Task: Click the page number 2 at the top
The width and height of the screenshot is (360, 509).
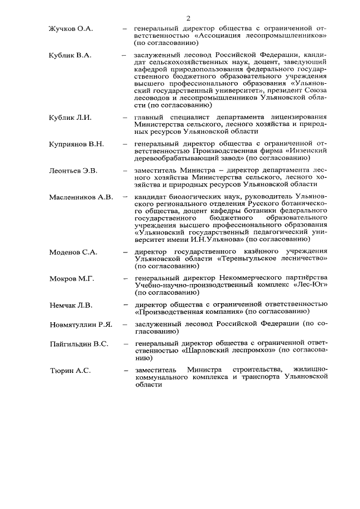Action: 187,19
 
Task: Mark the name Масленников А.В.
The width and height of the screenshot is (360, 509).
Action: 80,197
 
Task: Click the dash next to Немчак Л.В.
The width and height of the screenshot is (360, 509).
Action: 124,305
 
